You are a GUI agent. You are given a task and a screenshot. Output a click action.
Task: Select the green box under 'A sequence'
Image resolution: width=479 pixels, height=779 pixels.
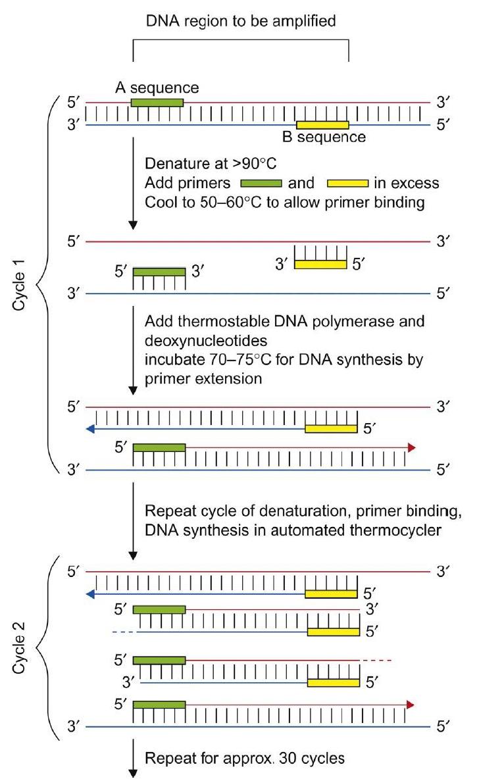(157, 102)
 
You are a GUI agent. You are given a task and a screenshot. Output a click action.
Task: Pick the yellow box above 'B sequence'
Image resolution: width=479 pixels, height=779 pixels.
(322, 125)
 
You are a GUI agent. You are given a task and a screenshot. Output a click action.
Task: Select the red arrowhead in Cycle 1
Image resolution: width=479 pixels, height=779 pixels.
(412, 447)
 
